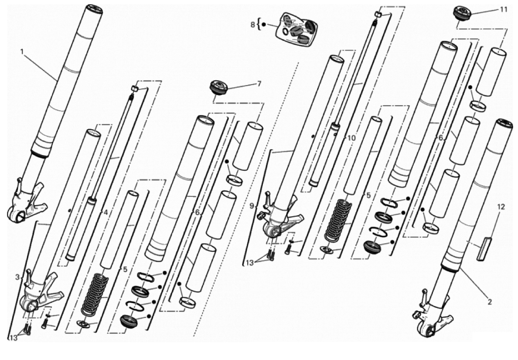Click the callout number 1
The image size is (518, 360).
(x=22, y=51)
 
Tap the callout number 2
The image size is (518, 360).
(x=490, y=302)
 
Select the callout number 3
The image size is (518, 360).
(x=17, y=277)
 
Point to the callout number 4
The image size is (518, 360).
(x=106, y=213)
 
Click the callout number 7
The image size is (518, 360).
(x=259, y=84)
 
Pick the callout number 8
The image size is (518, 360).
(x=253, y=24)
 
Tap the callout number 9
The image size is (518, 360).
(x=252, y=206)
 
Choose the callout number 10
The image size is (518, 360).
(x=352, y=137)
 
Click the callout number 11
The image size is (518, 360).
(x=503, y=9)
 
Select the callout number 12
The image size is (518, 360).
(x=501, y=207)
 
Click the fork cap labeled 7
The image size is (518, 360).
(x=218, y=88)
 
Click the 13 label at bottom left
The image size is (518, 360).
(x=13, y=338)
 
